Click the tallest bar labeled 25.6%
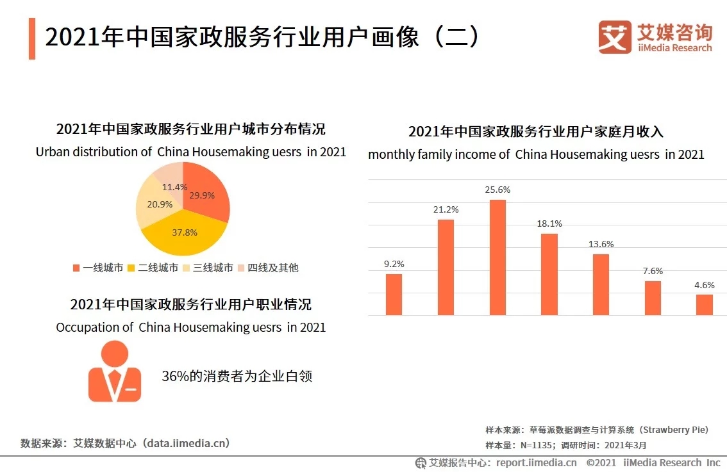click(497, 257)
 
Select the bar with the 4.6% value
click(704, 305)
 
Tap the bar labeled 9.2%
click(394, 295)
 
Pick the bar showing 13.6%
click(601, 284)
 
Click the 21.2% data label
click(446, 209)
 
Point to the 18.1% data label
click(549, 224)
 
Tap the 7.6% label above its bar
click(653, 271)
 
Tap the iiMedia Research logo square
click(615, 37)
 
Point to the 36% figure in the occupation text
click(174, 376)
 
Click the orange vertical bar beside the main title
click(32, 38)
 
